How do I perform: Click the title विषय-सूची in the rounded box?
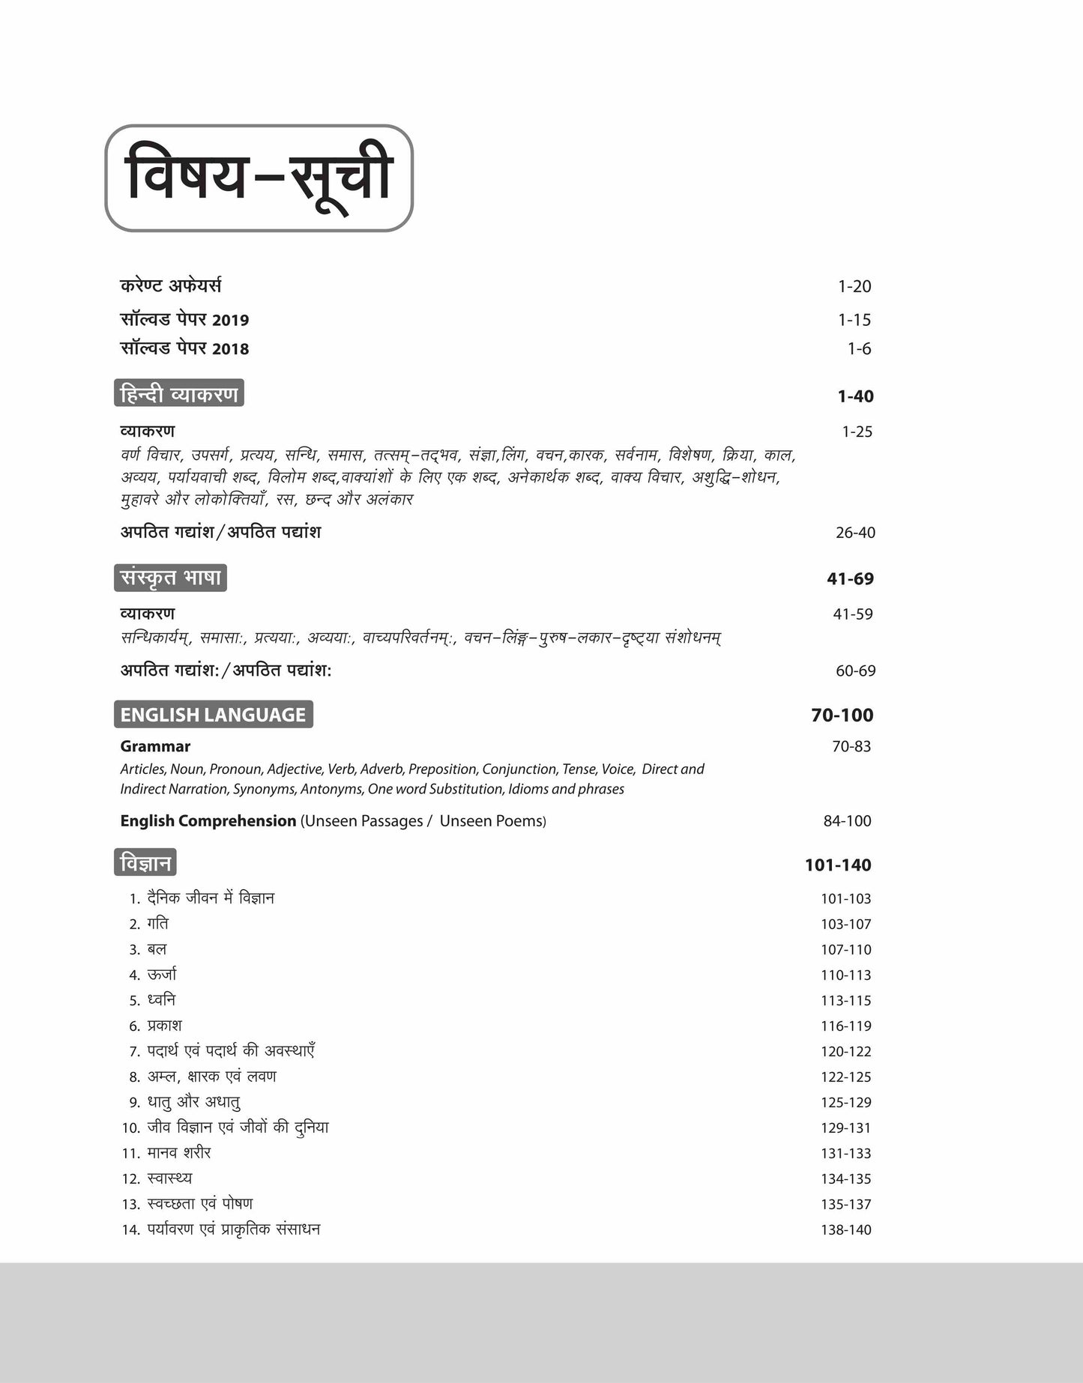coord(259,178)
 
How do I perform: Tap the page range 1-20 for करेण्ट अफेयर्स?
coord(854,286)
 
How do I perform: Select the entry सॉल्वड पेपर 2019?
coord(184,320)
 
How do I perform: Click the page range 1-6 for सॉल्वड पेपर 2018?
coord(859,348)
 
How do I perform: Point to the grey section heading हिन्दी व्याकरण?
coord(179,394)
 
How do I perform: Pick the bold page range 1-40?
coord(855,396)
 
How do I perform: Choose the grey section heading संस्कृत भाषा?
coord(171,578)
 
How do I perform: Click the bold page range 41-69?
coord(850,578)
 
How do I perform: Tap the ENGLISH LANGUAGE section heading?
coord(213,715)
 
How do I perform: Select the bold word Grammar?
coord(155,746)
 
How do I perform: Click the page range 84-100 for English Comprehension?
coord(847,821)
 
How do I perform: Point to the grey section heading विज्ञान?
coord(145,863)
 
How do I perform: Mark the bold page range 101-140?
coord(838,865)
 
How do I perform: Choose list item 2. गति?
coord(149,924)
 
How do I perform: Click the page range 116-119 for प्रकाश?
coord(845,1026)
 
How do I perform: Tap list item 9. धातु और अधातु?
coord(185,1102)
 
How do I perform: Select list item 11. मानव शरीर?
coord(167,1153)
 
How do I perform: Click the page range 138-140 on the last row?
coord(845,1229)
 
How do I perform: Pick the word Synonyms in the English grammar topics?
coord(264,789)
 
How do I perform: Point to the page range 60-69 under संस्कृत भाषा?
coord(855,671)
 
